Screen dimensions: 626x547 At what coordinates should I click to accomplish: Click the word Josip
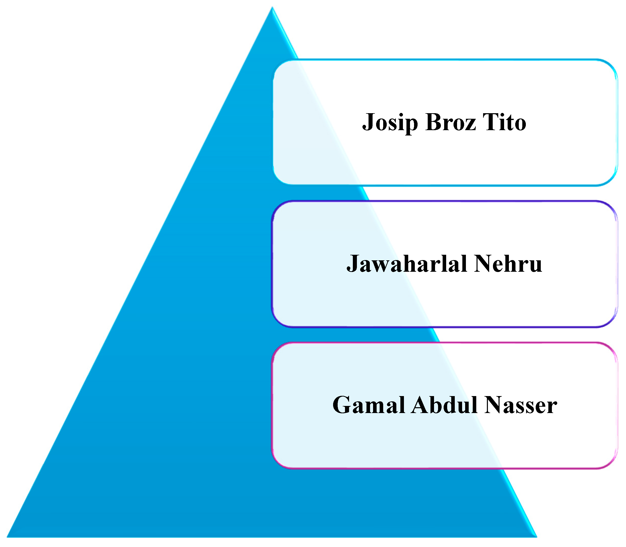389,123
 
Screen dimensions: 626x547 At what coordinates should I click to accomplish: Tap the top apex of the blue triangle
272,8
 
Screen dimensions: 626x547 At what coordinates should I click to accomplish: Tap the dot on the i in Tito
504,114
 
